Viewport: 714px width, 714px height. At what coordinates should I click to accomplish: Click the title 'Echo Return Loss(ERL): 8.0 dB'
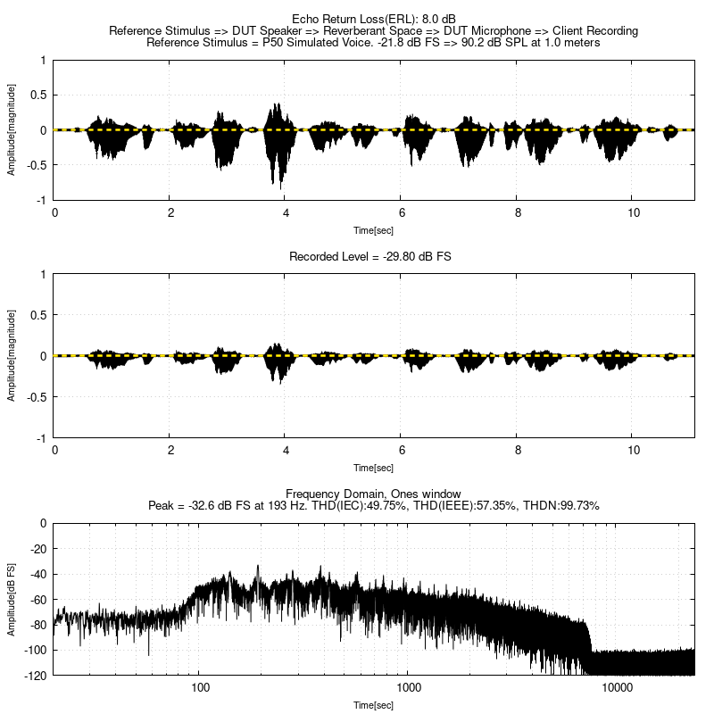coord(373,19)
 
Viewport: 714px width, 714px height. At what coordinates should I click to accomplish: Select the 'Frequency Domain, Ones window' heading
coord(373,494)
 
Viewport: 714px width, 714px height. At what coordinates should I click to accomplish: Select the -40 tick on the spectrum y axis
coord(38,574)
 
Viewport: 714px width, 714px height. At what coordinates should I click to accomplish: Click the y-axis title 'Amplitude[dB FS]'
coord(12,599)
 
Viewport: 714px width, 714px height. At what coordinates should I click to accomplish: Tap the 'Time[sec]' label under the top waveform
coord(373,229)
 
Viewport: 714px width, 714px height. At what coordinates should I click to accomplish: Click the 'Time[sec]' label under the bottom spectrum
coord(373,705)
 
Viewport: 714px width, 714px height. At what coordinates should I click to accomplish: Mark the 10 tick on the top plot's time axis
coord(633,213)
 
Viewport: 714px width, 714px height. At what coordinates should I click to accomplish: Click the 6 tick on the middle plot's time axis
coord(402,452)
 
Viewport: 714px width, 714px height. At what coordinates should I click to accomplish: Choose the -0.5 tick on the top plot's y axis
coord(37,165)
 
